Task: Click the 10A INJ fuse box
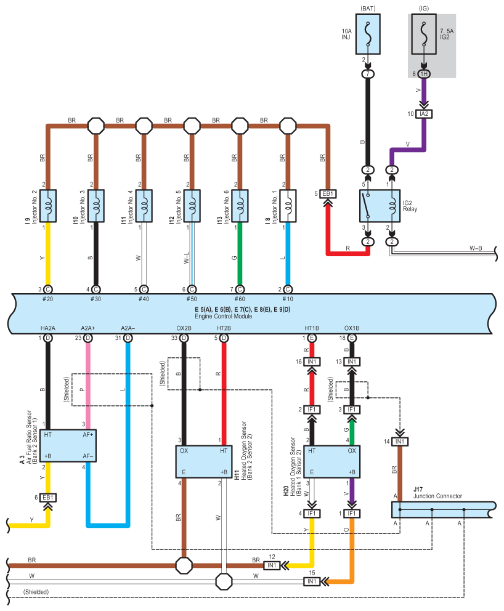(368, 34)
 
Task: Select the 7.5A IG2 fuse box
(424, 34)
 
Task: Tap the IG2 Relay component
(380, 206)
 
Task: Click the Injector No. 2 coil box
(48, 206)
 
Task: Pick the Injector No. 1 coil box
(288, 206)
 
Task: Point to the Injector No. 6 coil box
(240, 206)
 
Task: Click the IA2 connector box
(424, 114)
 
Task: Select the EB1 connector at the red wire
(328, 193)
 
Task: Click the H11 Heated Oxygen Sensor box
(203, 461)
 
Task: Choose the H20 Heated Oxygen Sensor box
(331, 461)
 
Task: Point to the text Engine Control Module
(224, 316)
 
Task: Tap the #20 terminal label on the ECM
(47, 299)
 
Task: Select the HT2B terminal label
(224, 328)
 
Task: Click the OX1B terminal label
(352, 328)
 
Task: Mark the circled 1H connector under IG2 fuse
(424, 74)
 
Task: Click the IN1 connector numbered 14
(400, 442)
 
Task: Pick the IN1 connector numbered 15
(312, 581)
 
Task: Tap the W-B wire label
(476, 248)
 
